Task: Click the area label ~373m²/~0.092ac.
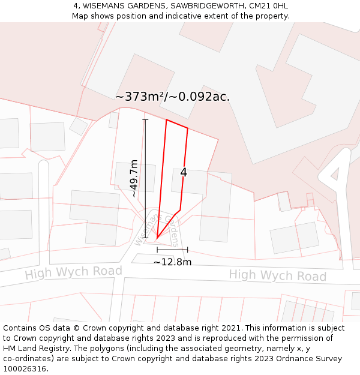[x=172, y=97]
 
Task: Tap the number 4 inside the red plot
[x=184, y=172]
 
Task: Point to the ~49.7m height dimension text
[x=134, y=178]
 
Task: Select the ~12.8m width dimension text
[x=172, y=262]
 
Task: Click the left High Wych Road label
[x=73, y=272]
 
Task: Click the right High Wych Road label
[x=277, y=275]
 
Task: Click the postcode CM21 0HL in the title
[x=268, y=6]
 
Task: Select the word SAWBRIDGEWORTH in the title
[x=206, y=6]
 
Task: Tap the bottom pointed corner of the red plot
[x=157, y=239]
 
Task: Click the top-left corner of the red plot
[x=166, y=120]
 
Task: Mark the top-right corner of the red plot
[x=188, y=128]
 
